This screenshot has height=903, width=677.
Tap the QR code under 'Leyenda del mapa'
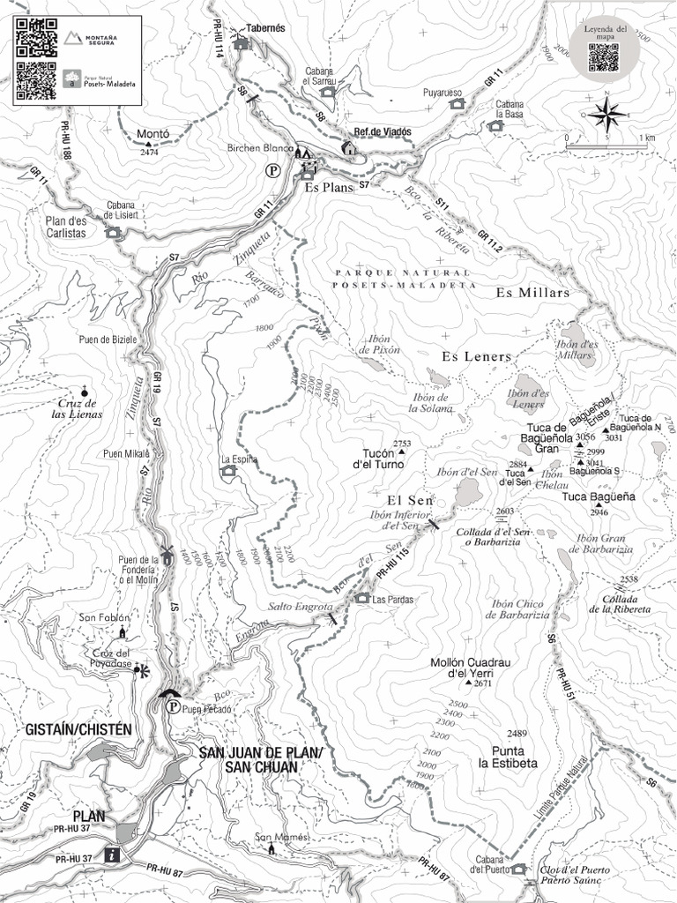(x=604, y=57)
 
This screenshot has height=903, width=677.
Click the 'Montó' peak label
(x=153, y=134)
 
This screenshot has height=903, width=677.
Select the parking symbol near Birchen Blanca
(x=274, y=171)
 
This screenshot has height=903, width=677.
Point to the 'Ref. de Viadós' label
(x=383, y=131)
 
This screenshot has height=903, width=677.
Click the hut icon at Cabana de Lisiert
(x=113, y=233)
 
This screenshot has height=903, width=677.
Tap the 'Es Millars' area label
(x=532, y=293)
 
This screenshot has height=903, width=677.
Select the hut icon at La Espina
(x=228, y=471)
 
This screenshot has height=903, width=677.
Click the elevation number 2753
(x=403, y=443)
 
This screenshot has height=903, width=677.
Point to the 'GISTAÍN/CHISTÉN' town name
(x=78, y=729)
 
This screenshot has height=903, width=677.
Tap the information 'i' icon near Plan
(x=112, y=854)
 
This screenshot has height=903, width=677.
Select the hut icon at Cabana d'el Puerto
(x=518, y=869)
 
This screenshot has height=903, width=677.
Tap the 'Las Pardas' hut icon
(x=361, y=599)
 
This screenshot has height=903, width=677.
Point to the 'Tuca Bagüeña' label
(x=599, y=496)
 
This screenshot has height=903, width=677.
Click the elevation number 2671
(x=482, y=683)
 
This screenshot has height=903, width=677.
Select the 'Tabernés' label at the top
(x=265, y=28)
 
